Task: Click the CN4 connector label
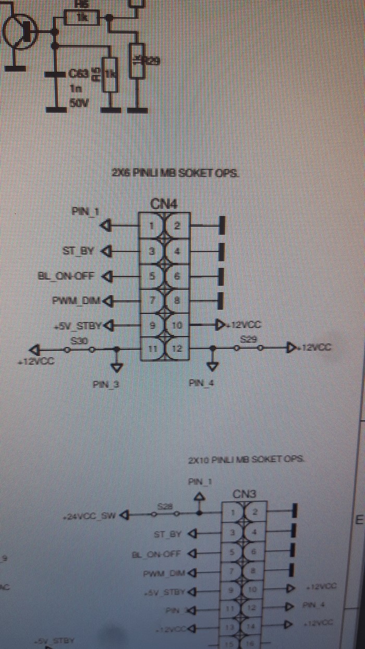[x=163, y=204]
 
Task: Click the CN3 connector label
[x=244, y=493]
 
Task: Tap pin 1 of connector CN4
[x=152, y=226]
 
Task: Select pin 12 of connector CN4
[x=177, y=348]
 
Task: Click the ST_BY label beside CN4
[x=78, y=251]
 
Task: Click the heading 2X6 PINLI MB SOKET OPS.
[x=176, y=173]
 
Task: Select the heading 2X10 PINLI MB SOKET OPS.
[x=246, y=460]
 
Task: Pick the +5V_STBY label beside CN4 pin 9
[x=79, y=326]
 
